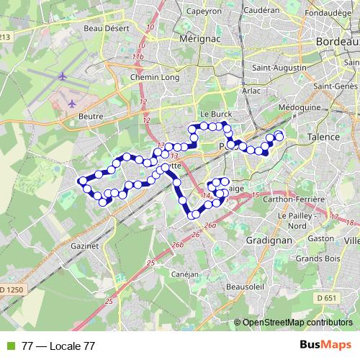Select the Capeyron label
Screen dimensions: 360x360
pyautogui.click(x=204, y=12)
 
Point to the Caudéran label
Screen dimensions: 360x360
pyautogui.click(x=261, y=12)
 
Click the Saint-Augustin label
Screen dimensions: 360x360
pyautogui.click(x=276, y=68)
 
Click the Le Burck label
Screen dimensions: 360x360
pyautogui.click(x=214, y=114)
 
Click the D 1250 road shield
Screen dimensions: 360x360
pyautogui.click(x=14, y=289)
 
